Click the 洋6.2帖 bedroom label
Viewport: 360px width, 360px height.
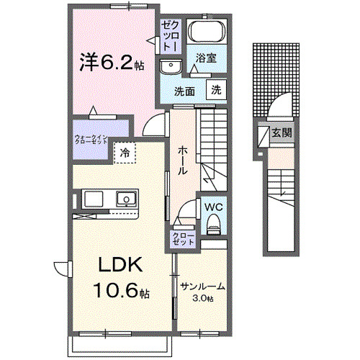[111, 63]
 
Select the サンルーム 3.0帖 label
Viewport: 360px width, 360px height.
[202, 290]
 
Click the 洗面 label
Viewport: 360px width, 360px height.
[185, 91]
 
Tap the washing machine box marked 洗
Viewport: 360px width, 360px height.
[215, 90]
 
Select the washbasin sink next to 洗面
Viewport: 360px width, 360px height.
[171, 67]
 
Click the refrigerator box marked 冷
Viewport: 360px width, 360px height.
[125, 152]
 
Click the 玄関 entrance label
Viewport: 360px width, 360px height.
[281, 132]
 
